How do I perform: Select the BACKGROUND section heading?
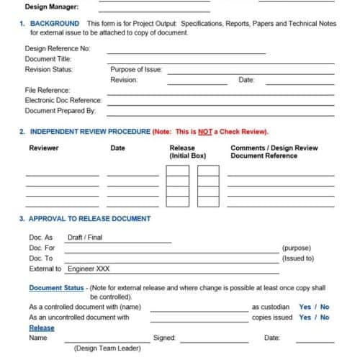tap(55, 24)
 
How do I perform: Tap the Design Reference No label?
tap(58, 49)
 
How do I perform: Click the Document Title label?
tap(48, 59)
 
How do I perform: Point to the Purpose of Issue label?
tap(136, 70)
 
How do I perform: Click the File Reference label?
tap(48, 90)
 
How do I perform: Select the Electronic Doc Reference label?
tap(63, 100)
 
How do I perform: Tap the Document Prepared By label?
tap(60, 111)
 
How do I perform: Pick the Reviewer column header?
tap(44, 148)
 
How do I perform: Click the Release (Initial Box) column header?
tap(187, 152)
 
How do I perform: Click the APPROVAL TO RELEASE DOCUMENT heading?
tap(90, 219)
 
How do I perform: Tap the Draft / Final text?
tap(85, 238)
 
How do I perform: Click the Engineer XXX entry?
tap(89, 269)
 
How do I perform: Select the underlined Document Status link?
tap(56, 288)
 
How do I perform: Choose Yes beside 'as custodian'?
tap(305, 307)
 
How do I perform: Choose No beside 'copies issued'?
tap(325, 317)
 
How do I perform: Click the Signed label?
tap(164, 338)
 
